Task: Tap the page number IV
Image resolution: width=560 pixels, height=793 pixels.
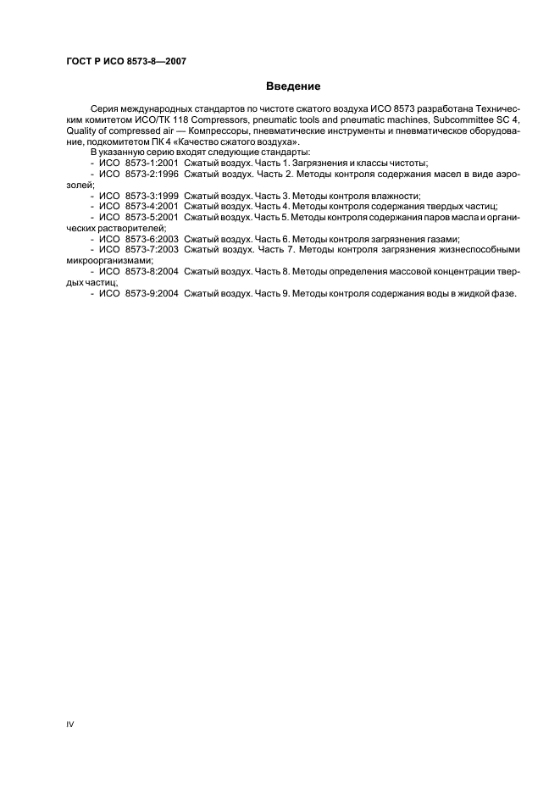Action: tap(70, 724)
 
